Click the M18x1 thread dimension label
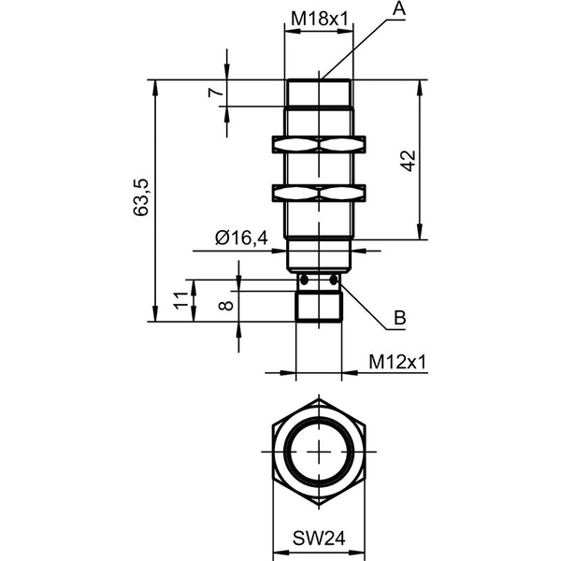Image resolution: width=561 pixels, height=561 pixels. click(x=320, y=19)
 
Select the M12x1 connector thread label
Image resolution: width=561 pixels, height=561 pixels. click(x=398, y=362)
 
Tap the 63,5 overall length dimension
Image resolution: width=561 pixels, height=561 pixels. click(x=140, y=197)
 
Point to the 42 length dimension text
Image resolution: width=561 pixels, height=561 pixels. click(x=408, y=161)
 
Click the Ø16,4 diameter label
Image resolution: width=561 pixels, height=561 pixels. click(x=241, y=237)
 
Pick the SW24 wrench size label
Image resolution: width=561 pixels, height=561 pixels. click(x=319, y=539)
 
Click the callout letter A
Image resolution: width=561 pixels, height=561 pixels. click(x=399, y=9)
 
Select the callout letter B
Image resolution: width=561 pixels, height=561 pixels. click(x=400, y=317)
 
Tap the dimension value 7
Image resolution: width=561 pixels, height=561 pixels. click(x=216, y=93)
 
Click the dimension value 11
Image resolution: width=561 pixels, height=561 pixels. click(x=180, y=300)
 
